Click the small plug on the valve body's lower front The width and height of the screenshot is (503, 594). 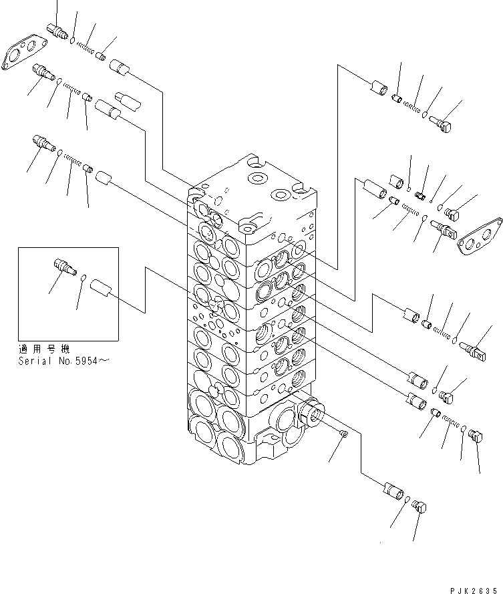point(344,435)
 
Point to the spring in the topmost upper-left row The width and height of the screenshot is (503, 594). point(86,46)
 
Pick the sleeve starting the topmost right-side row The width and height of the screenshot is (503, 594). point(378,88)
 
